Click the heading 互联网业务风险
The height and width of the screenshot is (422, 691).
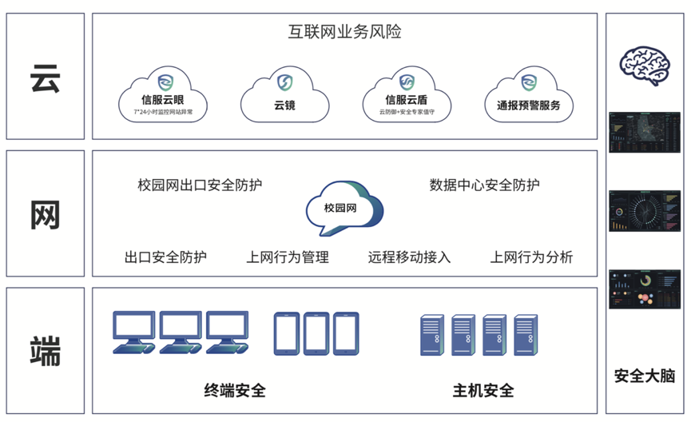tap(344, 33)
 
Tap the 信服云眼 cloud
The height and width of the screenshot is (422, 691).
tap(163, 96)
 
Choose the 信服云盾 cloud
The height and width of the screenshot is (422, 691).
tap(406, 96)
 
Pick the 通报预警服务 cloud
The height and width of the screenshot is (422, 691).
tap(528, 96)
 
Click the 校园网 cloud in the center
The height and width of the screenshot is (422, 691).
tap(343, 208)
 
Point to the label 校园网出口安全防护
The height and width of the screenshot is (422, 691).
tap(200, 185)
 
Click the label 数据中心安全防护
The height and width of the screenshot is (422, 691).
tap(484, 185)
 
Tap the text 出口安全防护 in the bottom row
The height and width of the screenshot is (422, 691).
tap(165, 257)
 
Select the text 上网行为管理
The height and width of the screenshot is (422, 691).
tap(288, 257)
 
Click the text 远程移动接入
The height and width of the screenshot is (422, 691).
tap(409, 257)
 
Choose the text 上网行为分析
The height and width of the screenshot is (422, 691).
tap(531, 257)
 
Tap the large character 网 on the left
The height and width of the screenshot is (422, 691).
tap(45, 214)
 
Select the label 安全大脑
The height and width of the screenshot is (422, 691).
tap(645, 375)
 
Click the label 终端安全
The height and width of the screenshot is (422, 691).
tap(235, 391)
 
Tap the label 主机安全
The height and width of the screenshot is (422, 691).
tap(483, 391)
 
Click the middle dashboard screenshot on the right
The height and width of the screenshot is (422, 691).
tap(645, 211)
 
